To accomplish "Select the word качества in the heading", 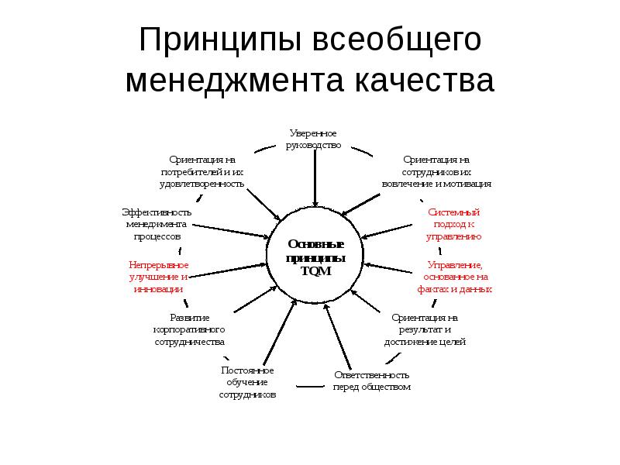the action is tap(424, 81).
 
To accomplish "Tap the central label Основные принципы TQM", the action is tap(315, 257).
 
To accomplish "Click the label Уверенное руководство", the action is tap(313, 139).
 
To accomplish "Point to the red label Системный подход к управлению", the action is tap(453, 224).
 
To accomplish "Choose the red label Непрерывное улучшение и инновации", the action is tap(159, 277).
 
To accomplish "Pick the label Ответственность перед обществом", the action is tap(372, 381).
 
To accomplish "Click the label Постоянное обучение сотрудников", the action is tap(247, 382).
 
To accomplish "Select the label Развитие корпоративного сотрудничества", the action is tap(189, 329).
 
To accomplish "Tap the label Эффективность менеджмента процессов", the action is tap(157, 224).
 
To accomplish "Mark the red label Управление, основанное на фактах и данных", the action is tap(455, 277).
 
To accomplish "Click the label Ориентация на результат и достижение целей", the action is tap(425, 329).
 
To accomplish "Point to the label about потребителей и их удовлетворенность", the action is tap(201, 171).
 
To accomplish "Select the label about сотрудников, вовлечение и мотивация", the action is tap(436, 171).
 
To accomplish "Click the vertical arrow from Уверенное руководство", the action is tap(315, 178).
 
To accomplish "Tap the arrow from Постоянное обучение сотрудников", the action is tap(280, 332).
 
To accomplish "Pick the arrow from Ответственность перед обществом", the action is tap(337, 336).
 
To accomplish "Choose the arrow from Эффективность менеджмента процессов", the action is tap(231, 231).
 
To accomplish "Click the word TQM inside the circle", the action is tap(315, 271).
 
